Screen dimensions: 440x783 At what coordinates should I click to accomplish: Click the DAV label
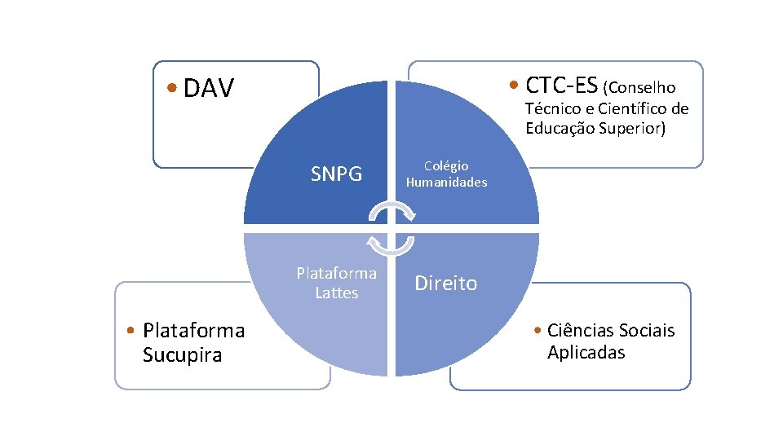[209, 88]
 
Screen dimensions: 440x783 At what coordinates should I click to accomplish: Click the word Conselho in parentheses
[642, 87]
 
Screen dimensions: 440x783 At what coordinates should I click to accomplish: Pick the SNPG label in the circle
[337, 174]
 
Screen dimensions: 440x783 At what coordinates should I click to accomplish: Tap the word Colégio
[446, 165]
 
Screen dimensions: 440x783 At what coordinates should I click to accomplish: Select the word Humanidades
[446, 183]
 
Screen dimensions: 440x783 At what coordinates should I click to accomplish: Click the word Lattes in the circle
[337, 293]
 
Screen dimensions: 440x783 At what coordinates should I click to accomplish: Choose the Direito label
[446, 283]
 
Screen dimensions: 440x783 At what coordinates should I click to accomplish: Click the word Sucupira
[182, 355]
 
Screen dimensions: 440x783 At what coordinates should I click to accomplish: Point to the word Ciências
[580, 330]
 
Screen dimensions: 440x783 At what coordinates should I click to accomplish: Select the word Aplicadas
[586, 352]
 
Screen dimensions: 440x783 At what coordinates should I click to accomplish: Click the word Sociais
[646, 330]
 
